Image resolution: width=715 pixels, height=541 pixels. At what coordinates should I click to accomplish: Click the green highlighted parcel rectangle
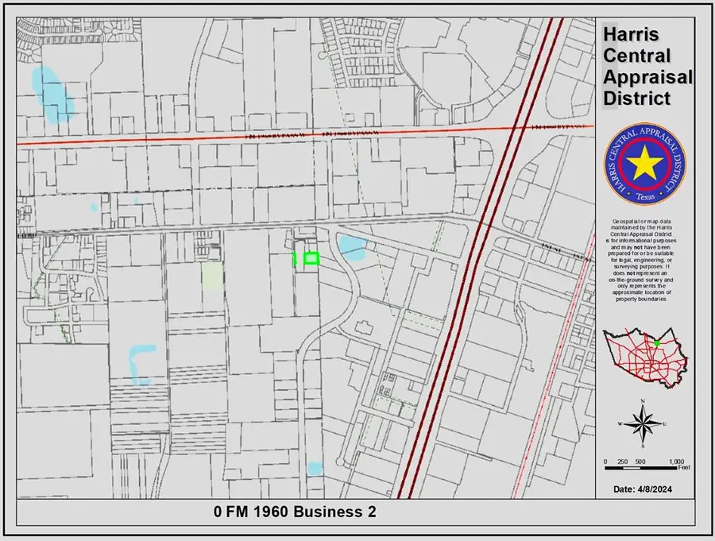(x=311, y=258)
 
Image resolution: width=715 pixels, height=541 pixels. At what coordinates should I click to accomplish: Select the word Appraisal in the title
(x=647, y=78)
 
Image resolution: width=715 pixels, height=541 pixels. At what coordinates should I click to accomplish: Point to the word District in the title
(x=637, y=99)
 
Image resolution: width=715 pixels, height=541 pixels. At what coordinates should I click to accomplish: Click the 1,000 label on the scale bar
(x=677, y=462)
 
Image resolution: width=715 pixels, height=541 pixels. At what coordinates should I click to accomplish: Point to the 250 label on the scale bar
(x=623, y=462)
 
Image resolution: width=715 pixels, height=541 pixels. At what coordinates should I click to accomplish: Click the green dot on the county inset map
(x=657, y=343)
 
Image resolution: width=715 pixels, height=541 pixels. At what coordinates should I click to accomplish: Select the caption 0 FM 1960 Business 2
(x=294, y=512)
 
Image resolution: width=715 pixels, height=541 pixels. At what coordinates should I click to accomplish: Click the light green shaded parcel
(x=212, y=276)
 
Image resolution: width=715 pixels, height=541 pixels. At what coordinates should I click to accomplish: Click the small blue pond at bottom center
(x=315, y=469)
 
